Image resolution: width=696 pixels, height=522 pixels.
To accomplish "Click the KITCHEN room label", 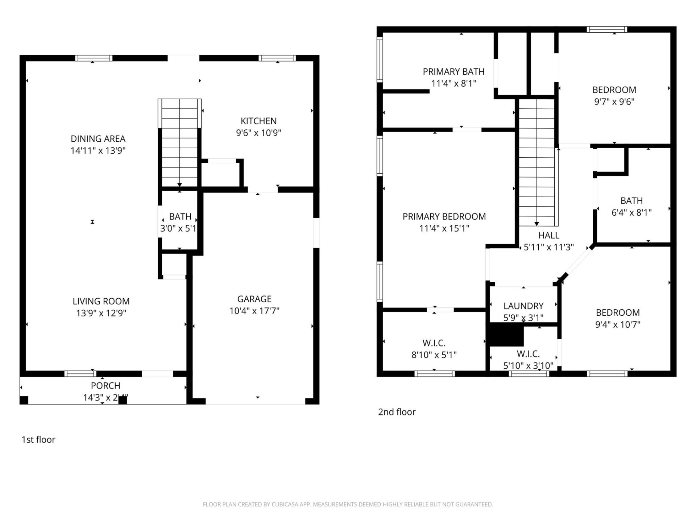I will coord(258,121).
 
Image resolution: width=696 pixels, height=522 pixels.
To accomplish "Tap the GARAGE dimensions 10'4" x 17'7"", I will coord(254,311).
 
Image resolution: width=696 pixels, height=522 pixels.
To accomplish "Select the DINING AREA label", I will coord(98,139).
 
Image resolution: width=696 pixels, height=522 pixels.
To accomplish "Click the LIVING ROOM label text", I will coord(101,301).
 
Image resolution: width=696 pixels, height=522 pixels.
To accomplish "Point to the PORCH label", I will coord(105,386).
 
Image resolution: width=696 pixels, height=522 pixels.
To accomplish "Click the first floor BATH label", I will coord(180,217).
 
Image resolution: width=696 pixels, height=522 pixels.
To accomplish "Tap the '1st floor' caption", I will coord(38,440).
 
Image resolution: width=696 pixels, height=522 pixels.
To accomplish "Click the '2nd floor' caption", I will coord(397,412).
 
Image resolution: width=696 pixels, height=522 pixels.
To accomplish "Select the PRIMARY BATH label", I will coord(453,72).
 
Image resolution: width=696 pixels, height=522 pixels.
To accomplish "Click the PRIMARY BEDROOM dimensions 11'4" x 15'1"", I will coord(444,228).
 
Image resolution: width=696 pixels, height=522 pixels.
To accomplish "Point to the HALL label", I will coord(548,236).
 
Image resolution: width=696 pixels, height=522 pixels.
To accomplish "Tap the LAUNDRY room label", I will coord(523,306).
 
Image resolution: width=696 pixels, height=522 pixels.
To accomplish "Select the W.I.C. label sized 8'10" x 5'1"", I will coord(434,343).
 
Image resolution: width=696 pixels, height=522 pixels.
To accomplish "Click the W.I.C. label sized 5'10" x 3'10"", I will coord(528,354).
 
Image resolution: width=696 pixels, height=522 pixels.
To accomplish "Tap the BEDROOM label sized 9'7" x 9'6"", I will coord(614,90).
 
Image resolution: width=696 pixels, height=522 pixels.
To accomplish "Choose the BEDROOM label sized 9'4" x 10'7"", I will coord(618,312).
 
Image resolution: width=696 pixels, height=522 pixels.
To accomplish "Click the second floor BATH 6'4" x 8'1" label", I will coord(631,201).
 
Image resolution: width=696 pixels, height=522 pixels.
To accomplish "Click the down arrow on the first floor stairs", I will coord(179,185).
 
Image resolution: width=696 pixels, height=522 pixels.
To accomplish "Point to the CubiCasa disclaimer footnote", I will coord(348,504).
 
